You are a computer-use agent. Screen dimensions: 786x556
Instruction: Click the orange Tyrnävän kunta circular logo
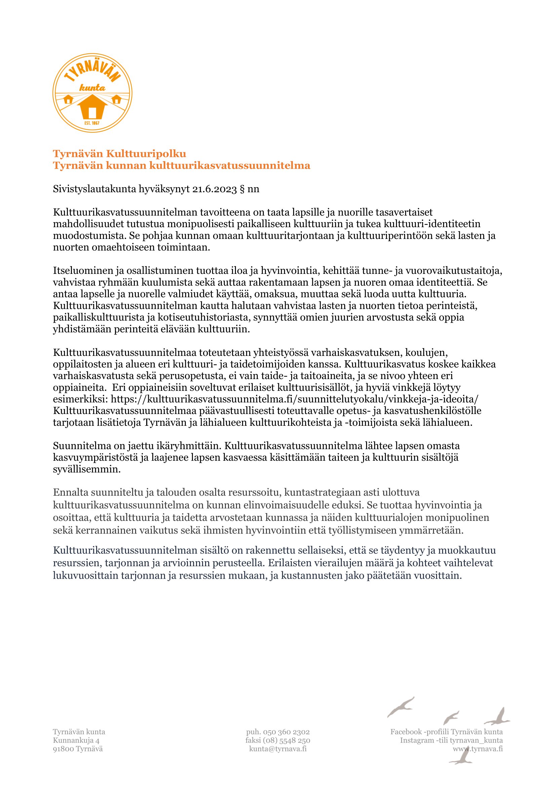(x=92, y=93)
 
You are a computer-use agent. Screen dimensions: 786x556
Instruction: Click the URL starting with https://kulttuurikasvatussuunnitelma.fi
(x=295, y=399)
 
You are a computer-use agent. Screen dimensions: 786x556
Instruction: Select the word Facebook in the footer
(x=406, y=732)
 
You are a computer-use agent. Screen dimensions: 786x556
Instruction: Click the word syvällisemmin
(x=87, y=469)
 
